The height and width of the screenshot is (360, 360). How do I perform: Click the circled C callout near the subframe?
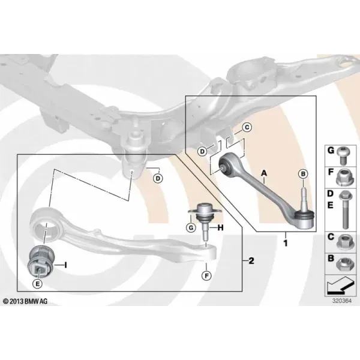point(247,127)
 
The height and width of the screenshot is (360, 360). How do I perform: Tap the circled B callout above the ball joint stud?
point(303,174)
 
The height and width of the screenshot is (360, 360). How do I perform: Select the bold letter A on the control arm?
point(264,173)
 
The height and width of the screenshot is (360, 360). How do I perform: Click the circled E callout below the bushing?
point(37,284)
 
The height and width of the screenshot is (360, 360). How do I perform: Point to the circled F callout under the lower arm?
point(206,275)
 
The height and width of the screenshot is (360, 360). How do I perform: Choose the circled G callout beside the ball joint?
point(191,228)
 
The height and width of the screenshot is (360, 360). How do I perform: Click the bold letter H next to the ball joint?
point(220,228)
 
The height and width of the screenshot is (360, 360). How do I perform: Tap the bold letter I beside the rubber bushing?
point(65,265)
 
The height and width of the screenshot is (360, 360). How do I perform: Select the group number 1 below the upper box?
point(286,244)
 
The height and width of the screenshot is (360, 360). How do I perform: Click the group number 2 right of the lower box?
point(251,261)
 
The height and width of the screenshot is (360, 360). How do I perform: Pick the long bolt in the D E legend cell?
point(344,210)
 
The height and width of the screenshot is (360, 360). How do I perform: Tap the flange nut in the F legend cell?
point(343,177)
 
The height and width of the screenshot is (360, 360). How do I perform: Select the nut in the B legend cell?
point(343,265)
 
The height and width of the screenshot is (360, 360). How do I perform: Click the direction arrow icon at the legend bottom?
point(340,286)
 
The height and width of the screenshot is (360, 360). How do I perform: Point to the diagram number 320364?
point(342,301)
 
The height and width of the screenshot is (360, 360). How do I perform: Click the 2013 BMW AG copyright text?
point(25,301)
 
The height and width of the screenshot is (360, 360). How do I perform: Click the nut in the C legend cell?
point(343,242)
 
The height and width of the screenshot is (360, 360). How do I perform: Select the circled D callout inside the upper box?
point(202,152)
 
